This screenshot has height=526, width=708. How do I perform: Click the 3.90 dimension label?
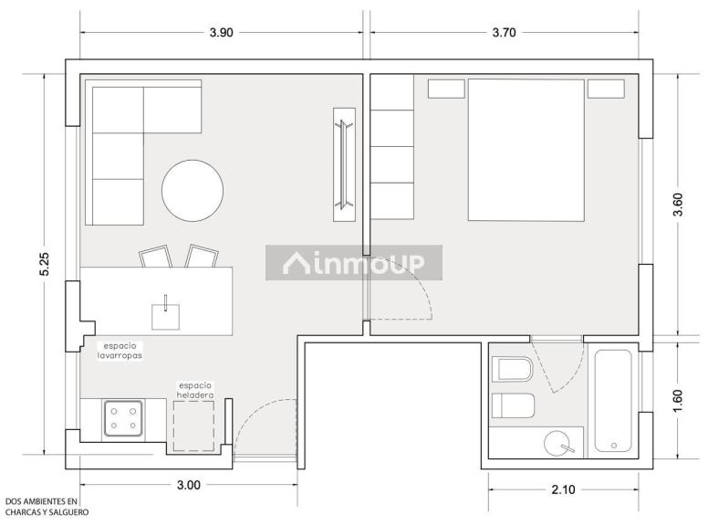(221, 33)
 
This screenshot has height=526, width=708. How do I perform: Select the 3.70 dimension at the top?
(504, 33)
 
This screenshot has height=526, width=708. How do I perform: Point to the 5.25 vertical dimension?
(45, 264)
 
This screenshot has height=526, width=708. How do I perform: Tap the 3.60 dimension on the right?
(678, 205)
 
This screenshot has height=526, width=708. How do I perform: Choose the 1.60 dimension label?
(678, 400)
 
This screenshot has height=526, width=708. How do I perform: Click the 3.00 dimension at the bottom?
(188, 485)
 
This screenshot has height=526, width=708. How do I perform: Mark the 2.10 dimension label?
(563, 489)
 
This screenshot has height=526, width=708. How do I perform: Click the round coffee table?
(193, 190)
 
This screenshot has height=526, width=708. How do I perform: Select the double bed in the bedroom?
(526, 150)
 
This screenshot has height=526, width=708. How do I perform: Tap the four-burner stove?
(123, 418)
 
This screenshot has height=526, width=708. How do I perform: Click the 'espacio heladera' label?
(195, 391)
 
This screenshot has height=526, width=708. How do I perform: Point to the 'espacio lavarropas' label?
(120, 351)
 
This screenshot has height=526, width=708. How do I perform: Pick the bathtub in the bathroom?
(613, 401)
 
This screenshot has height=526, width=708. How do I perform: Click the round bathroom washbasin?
(557, 443)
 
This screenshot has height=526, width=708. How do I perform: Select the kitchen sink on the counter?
(165, 316)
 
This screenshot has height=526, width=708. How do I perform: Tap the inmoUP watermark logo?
(354, 263)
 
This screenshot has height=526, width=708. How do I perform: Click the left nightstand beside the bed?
(446, 89)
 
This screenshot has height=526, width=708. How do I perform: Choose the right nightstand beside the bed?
(606, 89)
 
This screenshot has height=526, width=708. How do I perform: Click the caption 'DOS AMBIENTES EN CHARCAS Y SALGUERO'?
(47, 507)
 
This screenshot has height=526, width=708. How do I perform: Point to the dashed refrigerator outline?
(194, 426)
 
